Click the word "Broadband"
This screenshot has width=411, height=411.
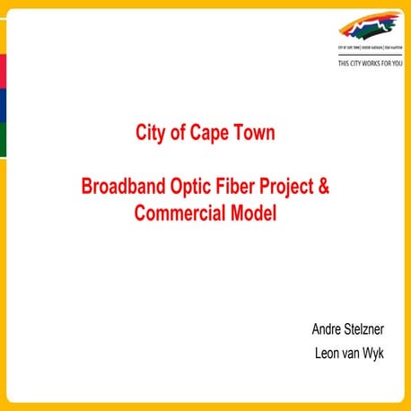(x=121, y=188)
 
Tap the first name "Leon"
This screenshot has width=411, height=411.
(x=329, y=354)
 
